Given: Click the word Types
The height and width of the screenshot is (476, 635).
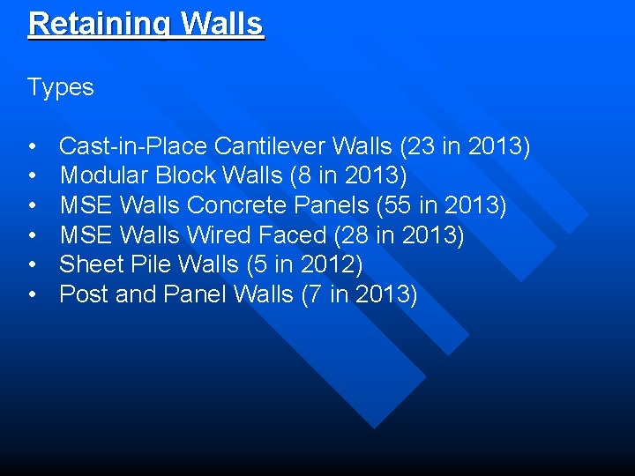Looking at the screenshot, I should [60, 87].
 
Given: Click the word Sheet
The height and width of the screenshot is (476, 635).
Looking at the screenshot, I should [91, 264].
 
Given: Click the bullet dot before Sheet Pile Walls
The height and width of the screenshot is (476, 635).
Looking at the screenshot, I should [32, 265].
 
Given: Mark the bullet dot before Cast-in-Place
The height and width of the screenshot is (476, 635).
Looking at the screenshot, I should [32, 146].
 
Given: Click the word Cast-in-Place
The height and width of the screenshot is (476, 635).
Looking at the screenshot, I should [133, 145].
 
